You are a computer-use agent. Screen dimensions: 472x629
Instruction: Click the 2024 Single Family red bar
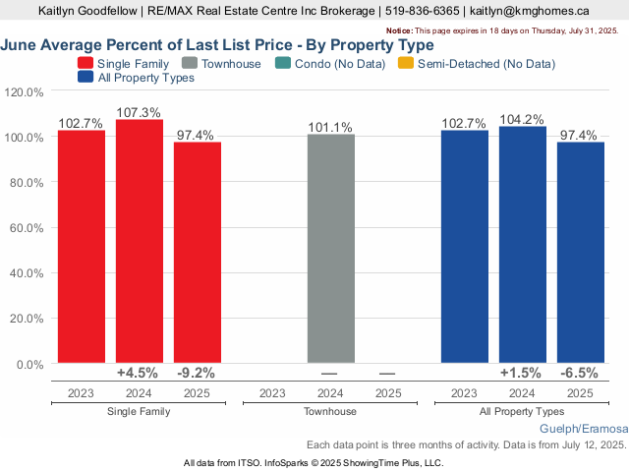pyautogui.click(x=140, y=241)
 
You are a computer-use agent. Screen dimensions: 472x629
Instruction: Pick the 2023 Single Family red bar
pyautogui.click(x=81, y=247)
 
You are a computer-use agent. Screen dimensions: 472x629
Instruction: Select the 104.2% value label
pyautogui.click(x=523, y=119)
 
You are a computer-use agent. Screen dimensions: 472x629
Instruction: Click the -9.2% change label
pyautogui.click(x=196, y=373)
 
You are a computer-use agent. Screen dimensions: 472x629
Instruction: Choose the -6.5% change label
pyautogui.click(x=580, y=373)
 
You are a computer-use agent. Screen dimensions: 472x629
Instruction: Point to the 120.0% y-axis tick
pyautogui.click(x=24, y=91)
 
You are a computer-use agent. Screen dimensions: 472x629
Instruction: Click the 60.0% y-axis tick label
pyautogui.click(x=24, y=228)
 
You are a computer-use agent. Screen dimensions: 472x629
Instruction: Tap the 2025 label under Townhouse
pyautogui.click(x=387, y=393)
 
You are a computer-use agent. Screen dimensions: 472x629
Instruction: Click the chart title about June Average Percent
pyautogui.click(x=217, y=45)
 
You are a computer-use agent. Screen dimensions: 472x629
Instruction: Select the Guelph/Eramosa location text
pyautogui.click(x=583, y=430)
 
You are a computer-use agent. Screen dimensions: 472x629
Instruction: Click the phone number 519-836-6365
pyautogui.click(x=420, y=11)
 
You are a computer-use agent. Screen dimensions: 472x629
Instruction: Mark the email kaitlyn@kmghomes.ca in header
pyautogui.click(x=530, y=11)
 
